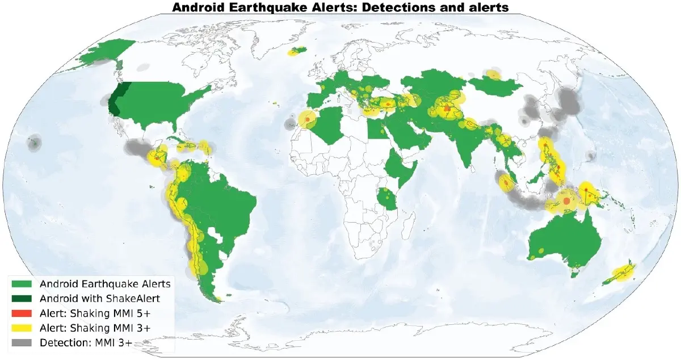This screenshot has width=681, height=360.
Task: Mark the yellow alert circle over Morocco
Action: coord(307,120)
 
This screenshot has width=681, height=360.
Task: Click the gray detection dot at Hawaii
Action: coord(35,143)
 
